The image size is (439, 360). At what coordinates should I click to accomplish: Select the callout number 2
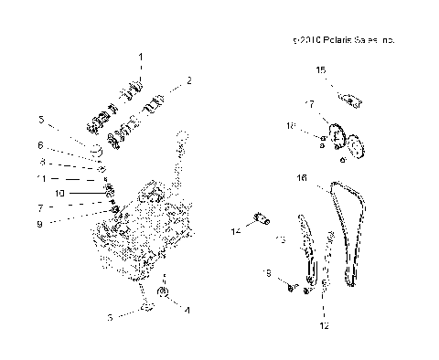(188, 80)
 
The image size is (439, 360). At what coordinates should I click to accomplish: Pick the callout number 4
(187, 310)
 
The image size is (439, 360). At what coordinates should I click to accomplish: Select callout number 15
(320, 69)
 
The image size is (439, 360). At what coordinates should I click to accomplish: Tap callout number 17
(310, 103)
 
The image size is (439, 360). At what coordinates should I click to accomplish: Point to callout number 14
(236, 232)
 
